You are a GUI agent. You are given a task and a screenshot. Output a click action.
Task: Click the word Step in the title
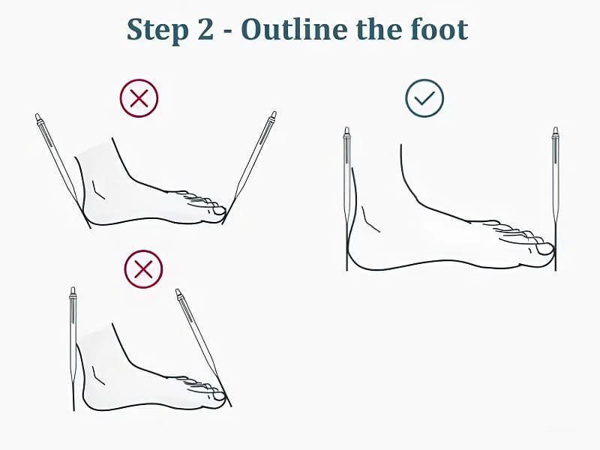click(157, 30)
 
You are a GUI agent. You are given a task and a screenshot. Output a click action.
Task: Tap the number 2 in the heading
click(205, 28)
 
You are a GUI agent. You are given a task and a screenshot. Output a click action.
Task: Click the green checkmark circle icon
click(424, 98)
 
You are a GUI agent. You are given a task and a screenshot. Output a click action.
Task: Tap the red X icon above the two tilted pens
click(139, 98)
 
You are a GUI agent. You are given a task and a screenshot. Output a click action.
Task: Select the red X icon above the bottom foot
click(143, 269)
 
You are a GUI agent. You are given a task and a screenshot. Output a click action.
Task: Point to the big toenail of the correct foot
click(545, 249)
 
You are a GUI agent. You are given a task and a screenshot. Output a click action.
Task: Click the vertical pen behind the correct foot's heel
click(347, 199)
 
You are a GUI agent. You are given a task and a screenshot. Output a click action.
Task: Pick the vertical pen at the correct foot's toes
click(555, 199)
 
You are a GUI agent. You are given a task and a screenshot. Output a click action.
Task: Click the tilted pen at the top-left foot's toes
click(250, 167)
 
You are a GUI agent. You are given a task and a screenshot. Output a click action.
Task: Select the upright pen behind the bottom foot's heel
click(73, 349)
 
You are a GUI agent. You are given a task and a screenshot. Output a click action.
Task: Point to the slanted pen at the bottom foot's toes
click(203, 348)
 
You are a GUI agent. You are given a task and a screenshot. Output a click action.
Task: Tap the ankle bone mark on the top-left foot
click(98, 190)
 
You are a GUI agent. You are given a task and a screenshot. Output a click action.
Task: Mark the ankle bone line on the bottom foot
click(98, 376)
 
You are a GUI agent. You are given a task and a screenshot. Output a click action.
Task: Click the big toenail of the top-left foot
click(220, 211)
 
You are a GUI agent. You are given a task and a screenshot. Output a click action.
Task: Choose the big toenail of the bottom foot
click(219, 397)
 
